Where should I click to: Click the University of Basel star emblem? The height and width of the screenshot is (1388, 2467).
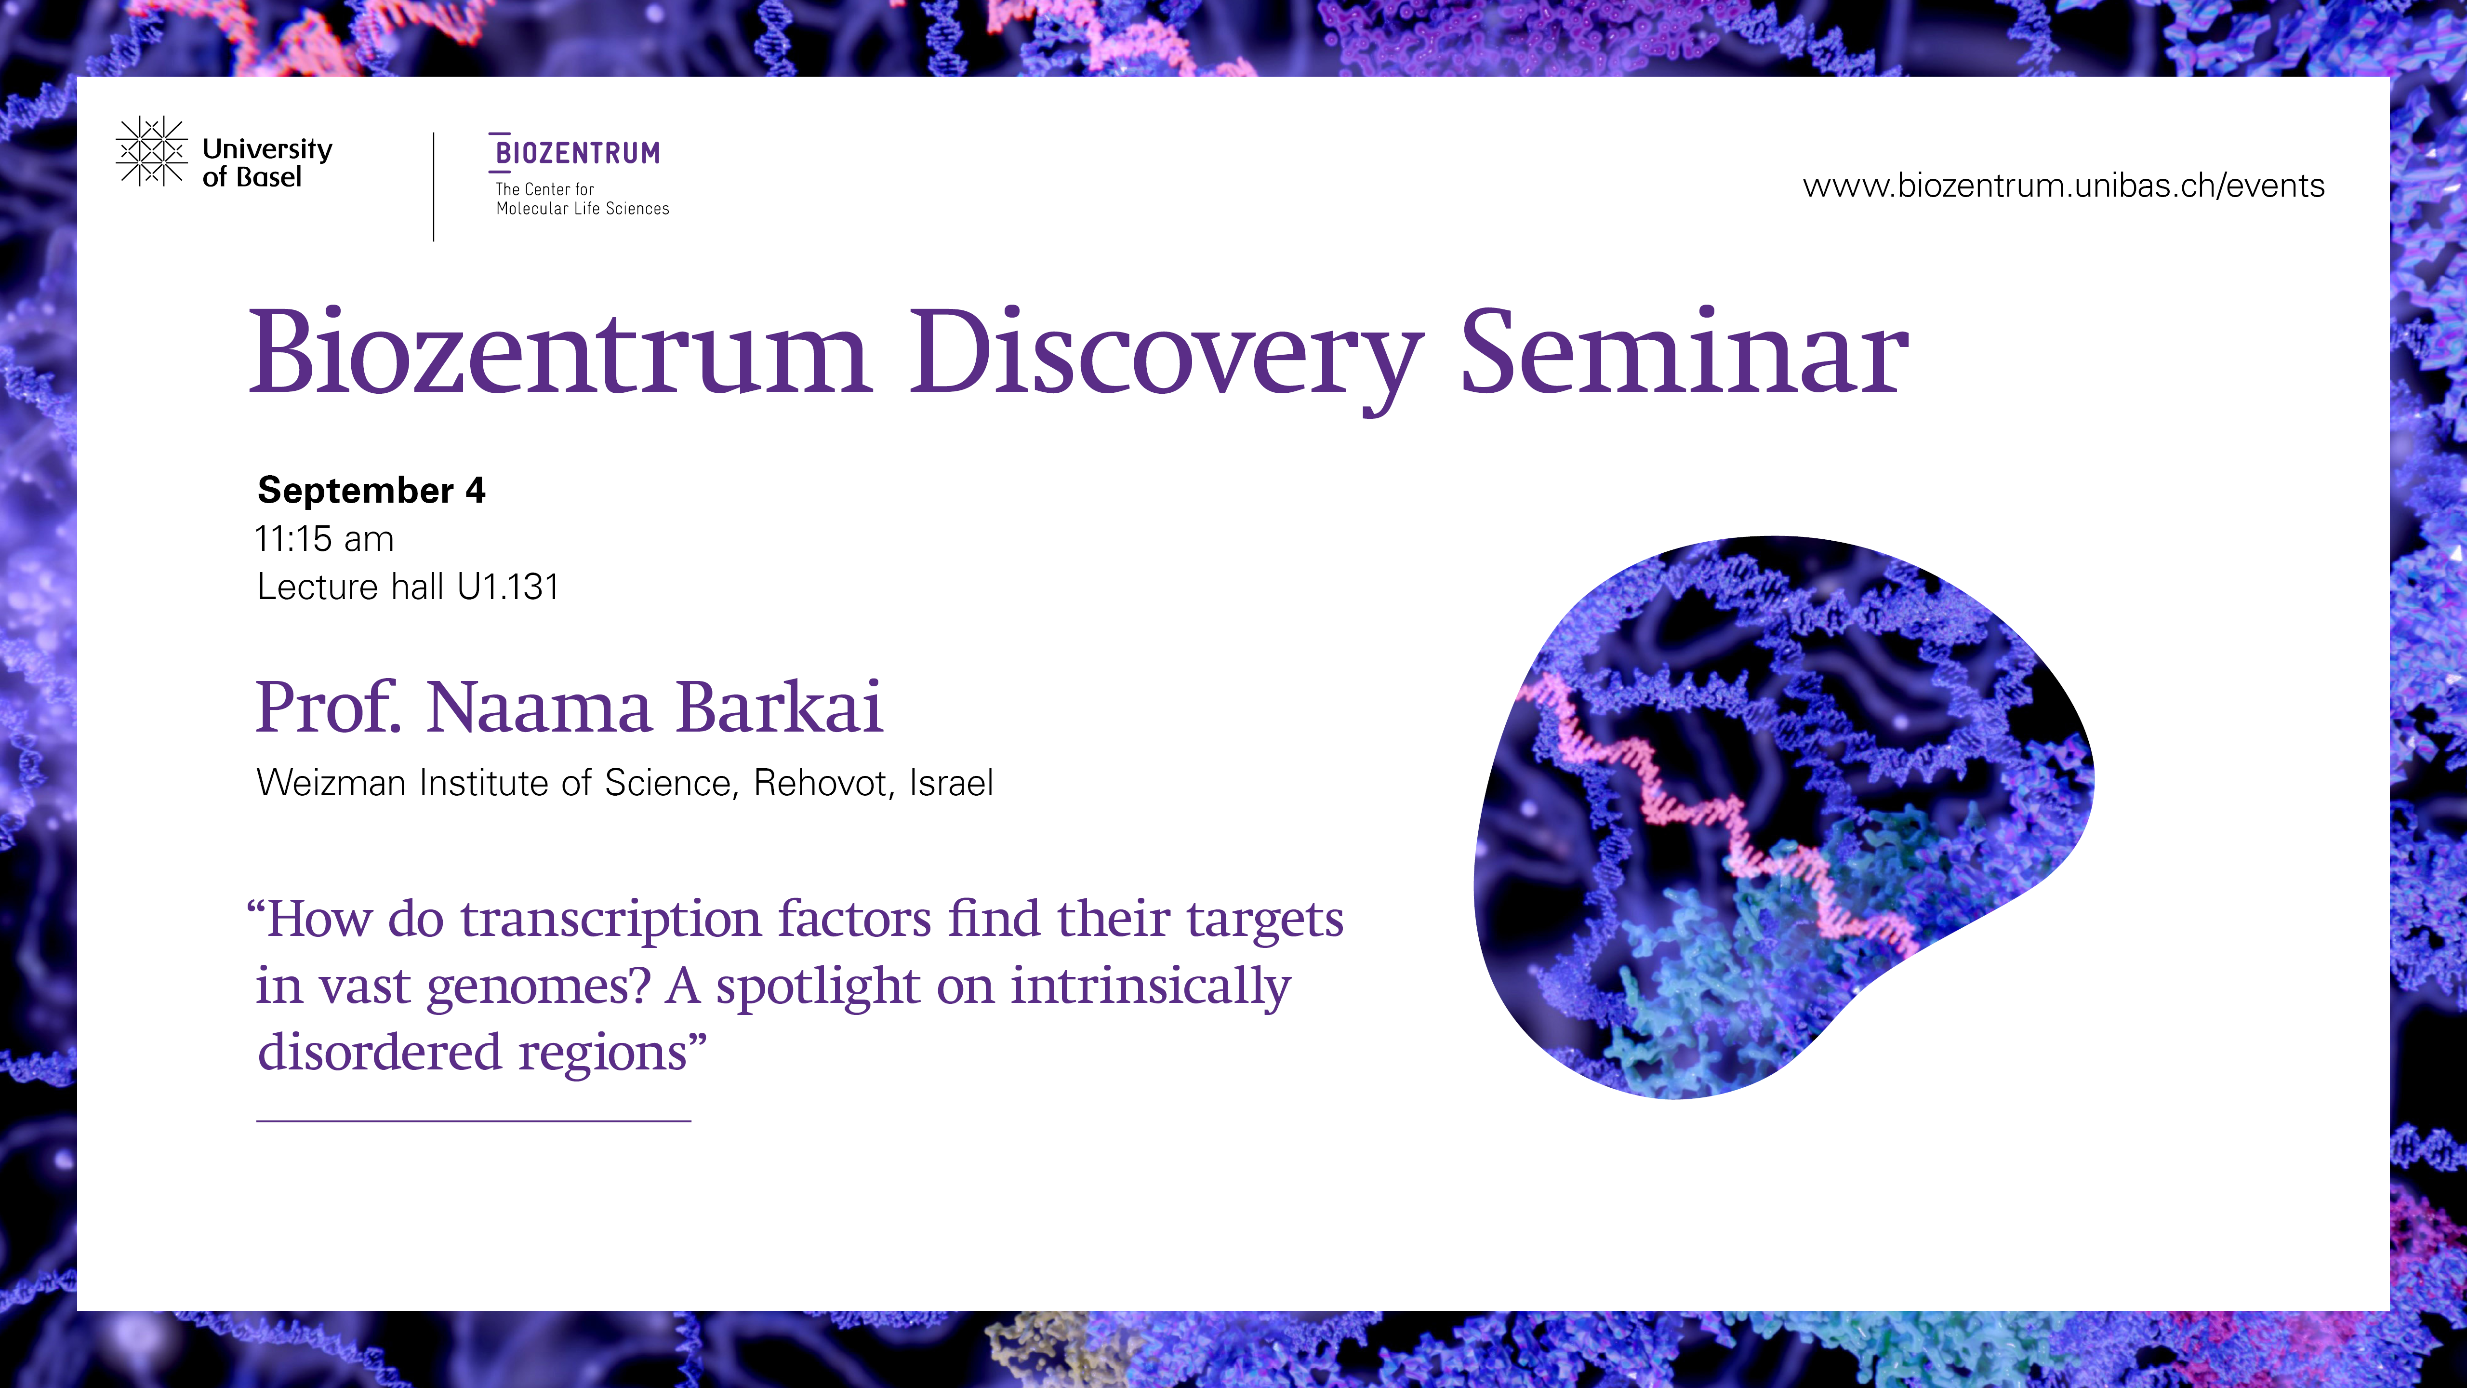[151, 151]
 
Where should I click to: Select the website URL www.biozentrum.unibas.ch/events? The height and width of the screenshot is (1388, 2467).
[2064, 186]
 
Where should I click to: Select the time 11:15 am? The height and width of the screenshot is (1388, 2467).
[325, 539]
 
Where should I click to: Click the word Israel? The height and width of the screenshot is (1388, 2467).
[951, 784]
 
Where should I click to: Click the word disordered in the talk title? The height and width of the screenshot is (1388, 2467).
[380, 1052]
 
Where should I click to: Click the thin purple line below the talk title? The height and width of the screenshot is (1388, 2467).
[474, 1120]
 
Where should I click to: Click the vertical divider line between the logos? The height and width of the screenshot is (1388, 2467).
[434, 187]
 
